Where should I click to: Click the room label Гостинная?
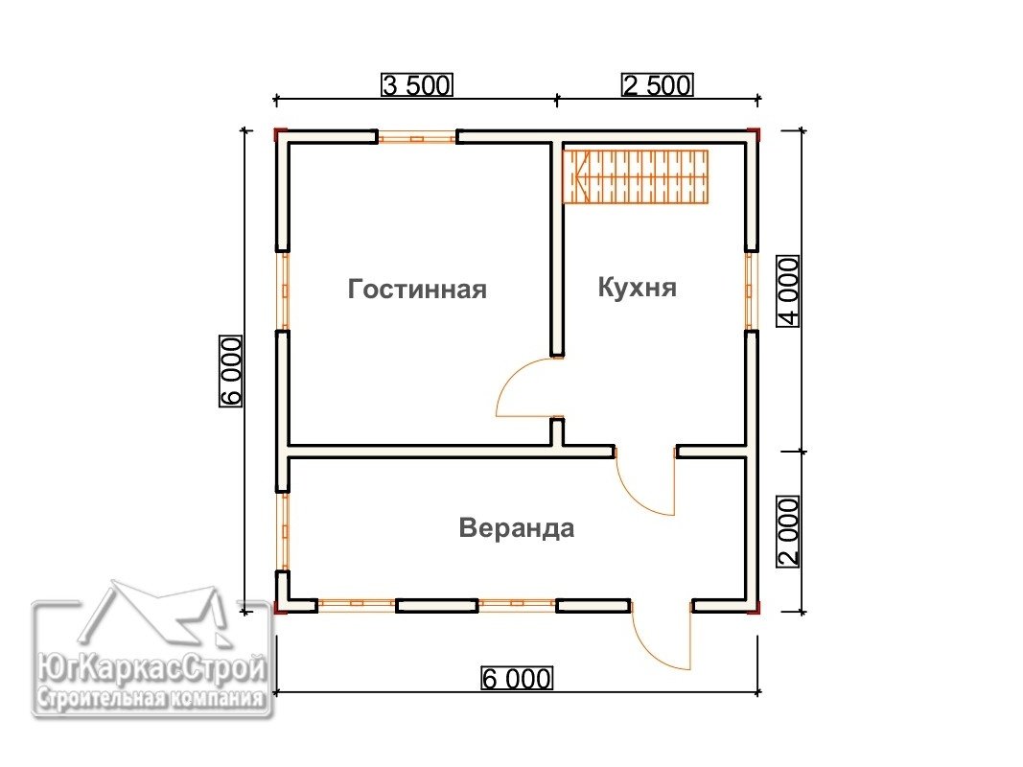tap(417, 289)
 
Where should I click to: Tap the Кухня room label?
tap(637, 287)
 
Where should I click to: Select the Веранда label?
tap(516, 527)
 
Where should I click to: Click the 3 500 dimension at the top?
tap(416, 85)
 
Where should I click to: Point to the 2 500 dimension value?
tap(657, 85)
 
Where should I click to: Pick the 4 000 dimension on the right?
tap(788, 291)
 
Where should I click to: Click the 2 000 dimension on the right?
tap(788, 531)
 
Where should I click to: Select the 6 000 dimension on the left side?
tap(230, 371)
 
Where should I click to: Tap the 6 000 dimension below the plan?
tap(516, 678)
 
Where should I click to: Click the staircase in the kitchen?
tap(636, 176)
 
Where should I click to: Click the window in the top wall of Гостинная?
tap(417, 138)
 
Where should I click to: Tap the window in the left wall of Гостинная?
tap(284, 291)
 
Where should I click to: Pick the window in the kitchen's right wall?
tap(750, 291)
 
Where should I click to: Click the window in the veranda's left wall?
tap(284, 531)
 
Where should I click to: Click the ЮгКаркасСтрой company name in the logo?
tap(152, 669)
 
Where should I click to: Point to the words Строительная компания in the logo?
tap(151, 699)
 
